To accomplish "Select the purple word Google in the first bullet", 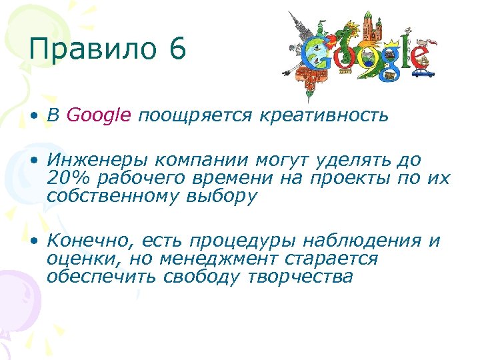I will [x=99, y=115].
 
